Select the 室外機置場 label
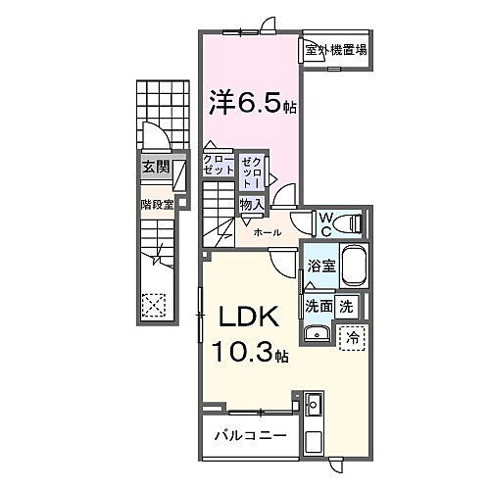(x=336, y=50)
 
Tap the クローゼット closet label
(x=219, y=164)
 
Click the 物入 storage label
(x=251, y=204)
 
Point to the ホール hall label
(x=268, y=232)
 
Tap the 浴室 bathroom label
(x=320, y=267)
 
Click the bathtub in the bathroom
(x=353, y=268)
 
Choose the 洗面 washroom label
(x=318, y=306)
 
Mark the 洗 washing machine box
(x=347, y=305)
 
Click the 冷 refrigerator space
(x=351, y=335)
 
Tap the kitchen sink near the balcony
(x=315, y=405)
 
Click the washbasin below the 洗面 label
(x=316, y=335)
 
